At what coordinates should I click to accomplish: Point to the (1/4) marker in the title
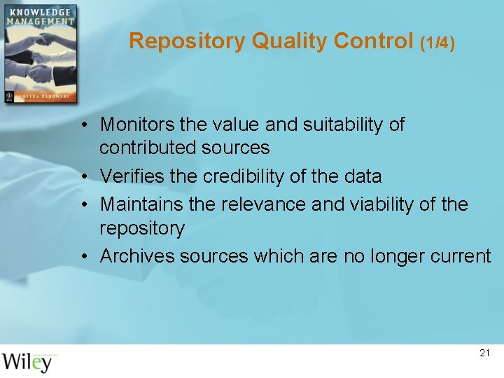(437, 43)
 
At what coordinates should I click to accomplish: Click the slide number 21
(484, 353)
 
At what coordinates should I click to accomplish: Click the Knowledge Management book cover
(39, 54)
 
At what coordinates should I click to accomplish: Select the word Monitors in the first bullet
(137, 125)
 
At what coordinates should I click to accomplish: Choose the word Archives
(137, 256)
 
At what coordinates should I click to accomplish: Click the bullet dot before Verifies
(83, 177)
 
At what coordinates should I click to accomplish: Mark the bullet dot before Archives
(83, 257)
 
